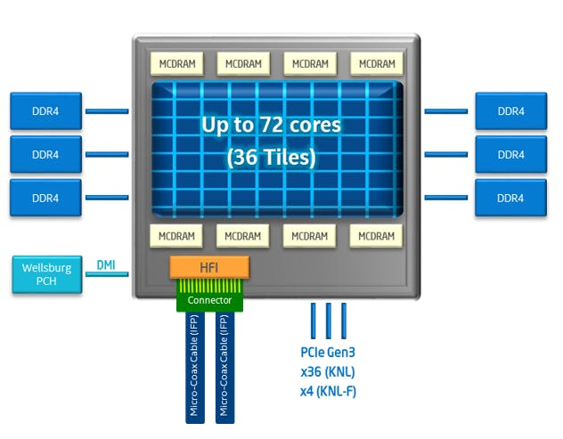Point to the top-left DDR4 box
tap(45, 111)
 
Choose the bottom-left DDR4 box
tap(45, 198)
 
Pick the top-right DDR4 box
tap(510, 111)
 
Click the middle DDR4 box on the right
tap(510, 154)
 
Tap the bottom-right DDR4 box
tap(510, 198)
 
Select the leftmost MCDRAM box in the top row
tap(177, 64)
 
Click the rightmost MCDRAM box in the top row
tap(377, 64)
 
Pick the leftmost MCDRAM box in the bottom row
tap(177, 236)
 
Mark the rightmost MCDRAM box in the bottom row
tap(377, 236)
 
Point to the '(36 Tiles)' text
tap(271, 159)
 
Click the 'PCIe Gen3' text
tap(328, 353)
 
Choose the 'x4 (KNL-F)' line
tap(328, 392)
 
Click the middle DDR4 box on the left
tap(45, 154)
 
